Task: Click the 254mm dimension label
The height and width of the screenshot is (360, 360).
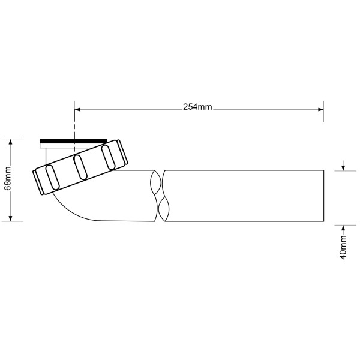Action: (x=197, y=107)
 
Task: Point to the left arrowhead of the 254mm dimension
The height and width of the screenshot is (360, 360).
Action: (x=77, y=109)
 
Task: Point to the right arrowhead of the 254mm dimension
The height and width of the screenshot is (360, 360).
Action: (x=321, y=109)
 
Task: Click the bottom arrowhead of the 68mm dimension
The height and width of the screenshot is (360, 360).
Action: (x=11, y=218)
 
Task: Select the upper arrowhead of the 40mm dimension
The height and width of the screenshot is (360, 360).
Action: (x=343, y=168)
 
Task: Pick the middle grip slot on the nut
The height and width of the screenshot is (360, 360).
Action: (x=79, y=166)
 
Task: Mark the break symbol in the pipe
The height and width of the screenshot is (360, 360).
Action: (x=158, y=196)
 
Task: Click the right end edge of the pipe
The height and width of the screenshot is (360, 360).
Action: (x=325, y=196)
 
